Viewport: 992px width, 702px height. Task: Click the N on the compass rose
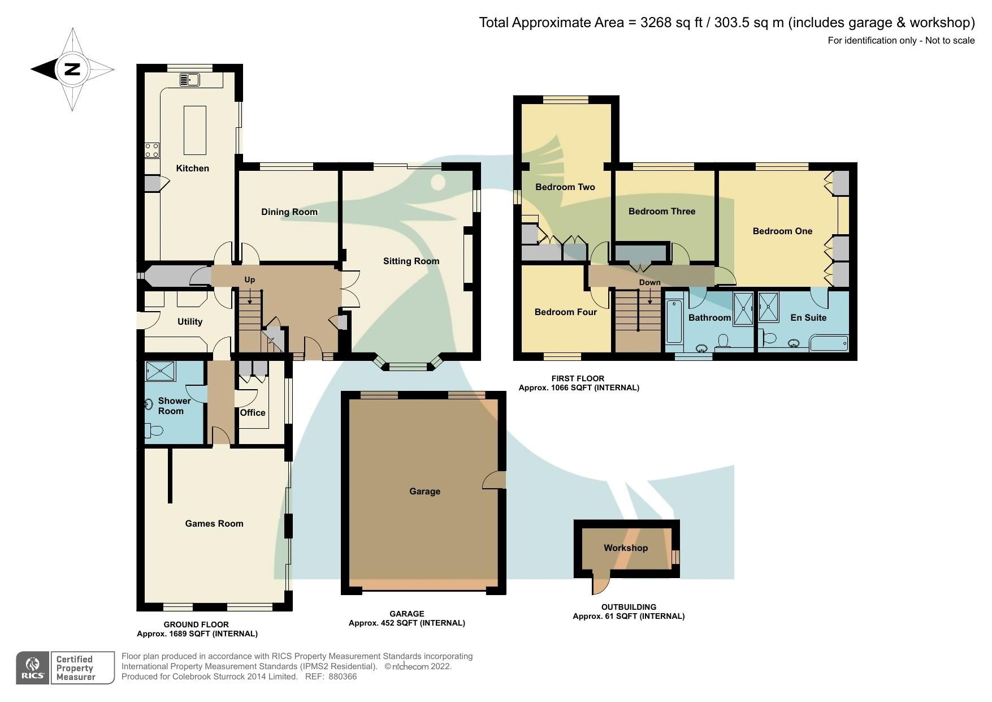[x=72, y=70]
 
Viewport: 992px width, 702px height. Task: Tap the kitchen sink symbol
[x=189, y=80]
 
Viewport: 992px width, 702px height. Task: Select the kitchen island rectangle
[x=194, y=130]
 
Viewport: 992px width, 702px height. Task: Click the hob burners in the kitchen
[x=151, y=150]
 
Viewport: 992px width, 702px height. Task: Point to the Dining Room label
[x=289, y=212]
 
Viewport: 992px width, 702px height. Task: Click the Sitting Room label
[x=411, y=261]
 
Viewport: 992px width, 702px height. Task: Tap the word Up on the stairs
[x=249, y=279]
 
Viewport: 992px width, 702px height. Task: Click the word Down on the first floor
[x=649, y=282]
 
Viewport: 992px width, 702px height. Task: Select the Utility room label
[x=189, y=322]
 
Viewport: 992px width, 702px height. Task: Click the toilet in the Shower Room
[x=154, y=431]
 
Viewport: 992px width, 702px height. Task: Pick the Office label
[x=252, y=413]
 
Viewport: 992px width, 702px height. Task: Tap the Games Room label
[x=214, y=524]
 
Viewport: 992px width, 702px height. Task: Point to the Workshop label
[x=625, y=548]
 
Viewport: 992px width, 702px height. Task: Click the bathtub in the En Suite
[x=829, y=343]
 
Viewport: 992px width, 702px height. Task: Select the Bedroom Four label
[x=565, y=312]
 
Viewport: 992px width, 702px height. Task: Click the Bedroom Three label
[x=661, y=212]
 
